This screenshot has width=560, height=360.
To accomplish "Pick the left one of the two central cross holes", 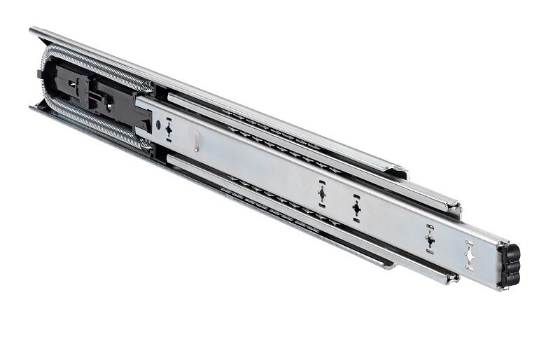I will click(x=322, y=193).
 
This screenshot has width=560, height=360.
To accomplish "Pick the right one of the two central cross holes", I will click(x=356, y=207).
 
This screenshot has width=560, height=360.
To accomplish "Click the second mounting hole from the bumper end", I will click(x=430, y=239).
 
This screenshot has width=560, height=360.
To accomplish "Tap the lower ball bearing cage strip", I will click(x=280, y=202).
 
